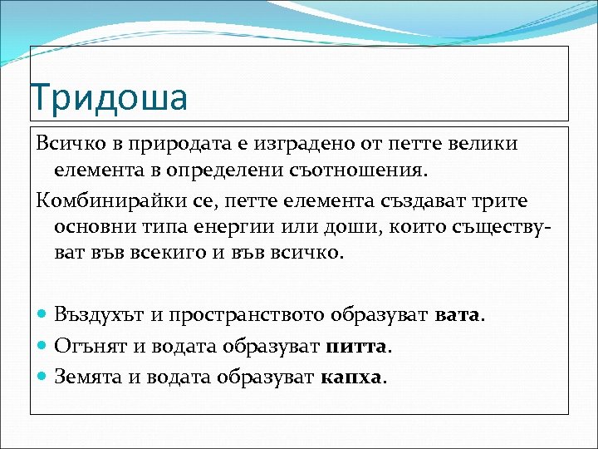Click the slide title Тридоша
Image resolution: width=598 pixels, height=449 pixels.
109,98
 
